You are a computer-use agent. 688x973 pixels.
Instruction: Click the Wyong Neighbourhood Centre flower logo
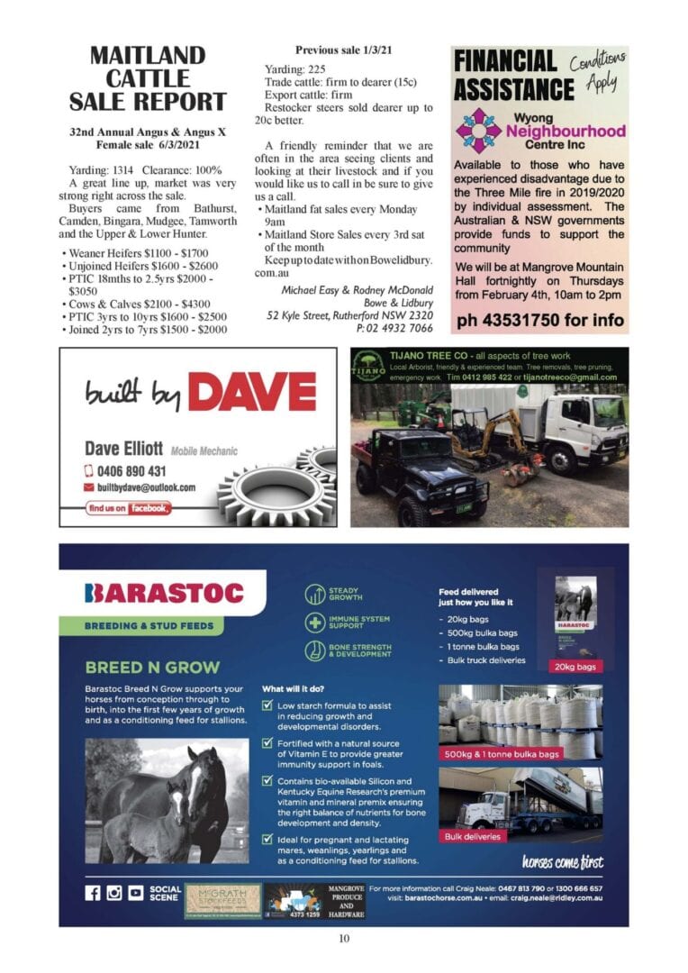click(477, 130)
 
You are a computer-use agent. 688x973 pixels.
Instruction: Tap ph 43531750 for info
click(539, 320)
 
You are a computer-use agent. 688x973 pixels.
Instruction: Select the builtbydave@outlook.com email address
click(146, 487)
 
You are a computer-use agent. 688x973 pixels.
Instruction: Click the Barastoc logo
click(164, 593)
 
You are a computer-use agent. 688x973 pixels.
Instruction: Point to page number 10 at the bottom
click(344, 939)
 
